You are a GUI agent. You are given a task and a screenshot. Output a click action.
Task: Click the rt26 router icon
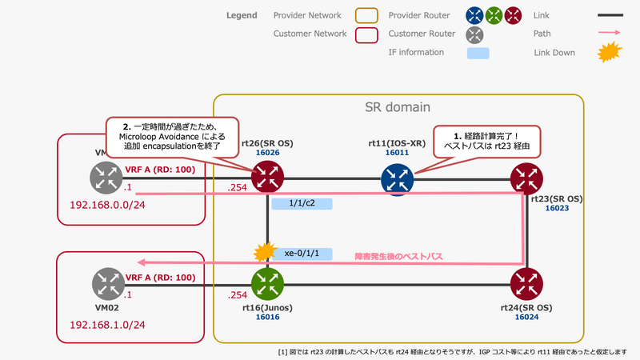[x=267, y=177]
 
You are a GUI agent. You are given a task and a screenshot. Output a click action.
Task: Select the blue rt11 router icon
[x=397, y=179]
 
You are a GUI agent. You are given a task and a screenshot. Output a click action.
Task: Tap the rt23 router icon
[x=526, y=178]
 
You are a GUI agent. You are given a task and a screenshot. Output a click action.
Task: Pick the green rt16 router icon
[x=267, y=284]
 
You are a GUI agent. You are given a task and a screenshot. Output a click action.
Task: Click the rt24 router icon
[x=526, y=284]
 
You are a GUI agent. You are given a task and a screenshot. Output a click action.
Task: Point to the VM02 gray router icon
[x=108, y=284]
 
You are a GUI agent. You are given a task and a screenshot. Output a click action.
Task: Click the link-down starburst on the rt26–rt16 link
[x=265, y=252]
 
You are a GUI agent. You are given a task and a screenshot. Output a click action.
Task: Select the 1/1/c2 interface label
[x=302, y=203]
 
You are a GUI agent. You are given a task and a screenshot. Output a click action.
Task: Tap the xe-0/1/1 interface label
[x=302, y=254]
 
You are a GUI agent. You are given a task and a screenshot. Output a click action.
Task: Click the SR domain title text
[x=398, y=107]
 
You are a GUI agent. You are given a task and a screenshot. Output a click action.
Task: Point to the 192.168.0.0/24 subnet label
[x=107, y=205]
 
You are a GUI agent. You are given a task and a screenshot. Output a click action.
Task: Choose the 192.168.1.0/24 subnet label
[x=107, y=325]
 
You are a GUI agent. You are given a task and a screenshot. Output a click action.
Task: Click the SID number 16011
[x=397, y=153]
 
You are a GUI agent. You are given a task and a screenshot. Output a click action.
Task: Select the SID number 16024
[x=526, y=317]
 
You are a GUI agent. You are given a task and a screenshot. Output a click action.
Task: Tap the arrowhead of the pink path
[x=142, y=262]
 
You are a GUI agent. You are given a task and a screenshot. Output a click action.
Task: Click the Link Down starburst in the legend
[x=610, y=52]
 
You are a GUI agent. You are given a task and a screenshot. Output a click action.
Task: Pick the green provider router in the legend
[x=494, y=16]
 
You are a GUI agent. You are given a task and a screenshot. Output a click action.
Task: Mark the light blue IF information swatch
[x=478, y=54]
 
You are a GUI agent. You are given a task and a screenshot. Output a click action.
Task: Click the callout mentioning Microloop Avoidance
[x=172, y=137]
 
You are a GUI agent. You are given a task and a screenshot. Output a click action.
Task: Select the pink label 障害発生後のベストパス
[x=398, y=257]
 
